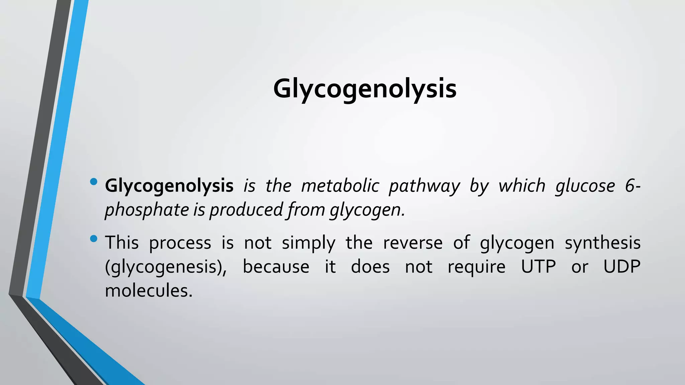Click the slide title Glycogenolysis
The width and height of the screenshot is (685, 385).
pyautogui.click(x=365, y=89)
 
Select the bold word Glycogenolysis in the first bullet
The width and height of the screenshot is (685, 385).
pyautogui.click(x=169, y=186)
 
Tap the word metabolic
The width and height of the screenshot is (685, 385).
pyautogui.click(x=340, y=186)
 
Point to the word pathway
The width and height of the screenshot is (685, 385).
pyautogui.click(x=424, y=186)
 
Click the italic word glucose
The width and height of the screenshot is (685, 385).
pyautogui.click(x=585, y=186)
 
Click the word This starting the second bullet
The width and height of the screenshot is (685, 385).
pyautogui.click(x=122, y=243)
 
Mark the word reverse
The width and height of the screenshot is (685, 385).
pyautogui.click(x=413, y=243)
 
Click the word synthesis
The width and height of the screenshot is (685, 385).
pyautogui.click(x=603, y=243)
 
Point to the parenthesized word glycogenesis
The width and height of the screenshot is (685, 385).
pyautogui.click(x=166, y=267)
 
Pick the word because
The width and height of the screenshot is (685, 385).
pyautogui.click(x=276, y=267)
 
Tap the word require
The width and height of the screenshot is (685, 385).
pyautogui.click(x=476, y=267)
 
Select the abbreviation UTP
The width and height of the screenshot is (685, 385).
pyautogui.click(x=539, y=267)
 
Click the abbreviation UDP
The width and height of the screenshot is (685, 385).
pyautogui.click(x=622, y=267)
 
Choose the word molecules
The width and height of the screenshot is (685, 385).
pyautogui.click(x=149, y=290)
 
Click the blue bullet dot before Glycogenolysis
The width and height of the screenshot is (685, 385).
pyautogui.click(x=94, y=182)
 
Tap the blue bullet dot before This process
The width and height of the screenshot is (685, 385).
pyautogui.click(x=94, y=239)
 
